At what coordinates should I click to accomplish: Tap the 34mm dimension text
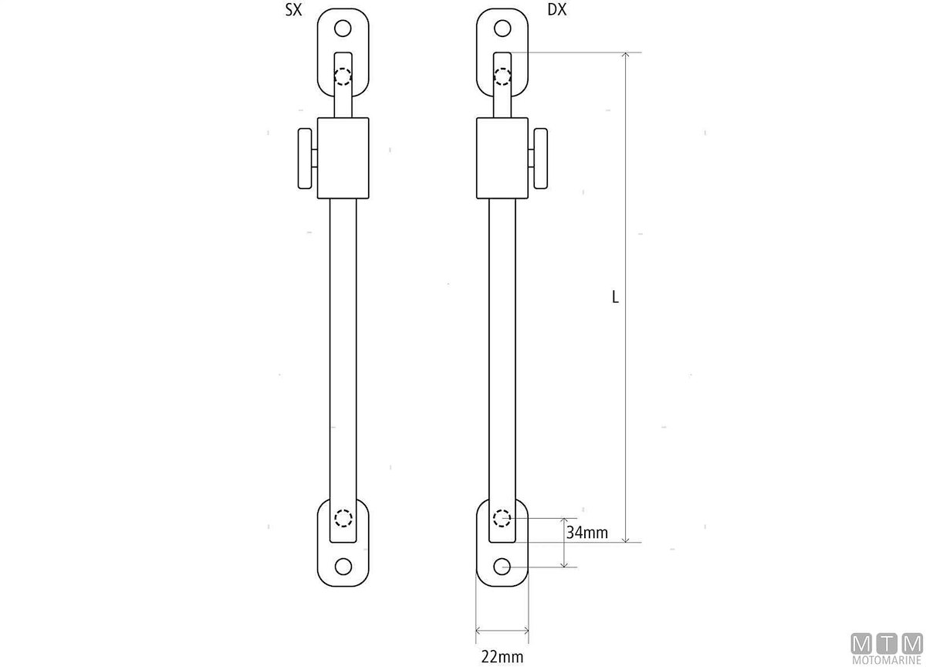pos(587,532)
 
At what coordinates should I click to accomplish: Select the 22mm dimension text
pos(502,657)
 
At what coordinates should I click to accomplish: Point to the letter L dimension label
pos(615,296)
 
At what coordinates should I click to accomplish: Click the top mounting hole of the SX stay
pos(343,29)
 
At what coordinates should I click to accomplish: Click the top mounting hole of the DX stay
pos(502,29)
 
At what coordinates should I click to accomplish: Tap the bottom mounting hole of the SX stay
pos(343,567)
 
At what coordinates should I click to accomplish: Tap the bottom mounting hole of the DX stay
pos(502,567)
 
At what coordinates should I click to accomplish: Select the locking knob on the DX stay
pos(539,158)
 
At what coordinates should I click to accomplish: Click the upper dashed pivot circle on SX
pos(343,76)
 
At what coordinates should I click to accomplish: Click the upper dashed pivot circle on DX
pos(502,76)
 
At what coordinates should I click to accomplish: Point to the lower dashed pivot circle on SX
pos(343,517)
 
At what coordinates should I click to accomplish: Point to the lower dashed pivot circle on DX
pos(502,517)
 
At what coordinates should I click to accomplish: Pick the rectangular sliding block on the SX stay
pos(343,157)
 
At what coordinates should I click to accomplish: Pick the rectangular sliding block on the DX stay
pos(502,157)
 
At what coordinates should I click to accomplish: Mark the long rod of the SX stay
pos(343,347)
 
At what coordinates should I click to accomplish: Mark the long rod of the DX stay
pos(502,347)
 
